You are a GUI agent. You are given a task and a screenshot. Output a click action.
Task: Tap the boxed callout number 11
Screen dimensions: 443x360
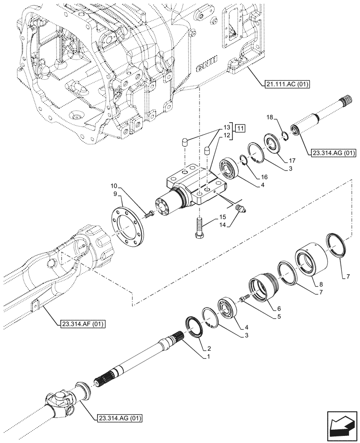pyautogui.click(x=240, y=129)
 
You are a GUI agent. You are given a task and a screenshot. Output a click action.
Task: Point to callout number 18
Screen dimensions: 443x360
pyautogui.click(x=269, y=117)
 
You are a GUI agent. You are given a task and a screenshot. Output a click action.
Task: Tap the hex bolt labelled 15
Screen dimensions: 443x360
pyautogui.click(x=197, y=228)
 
